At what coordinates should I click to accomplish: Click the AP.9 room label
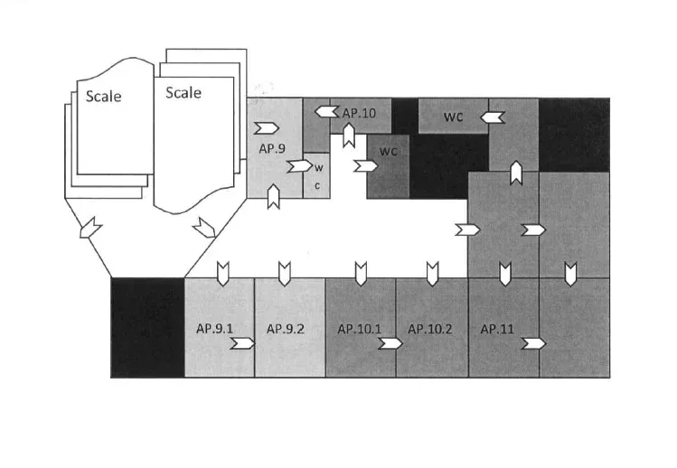pos(272,148)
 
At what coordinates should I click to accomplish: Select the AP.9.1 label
pos(215,329)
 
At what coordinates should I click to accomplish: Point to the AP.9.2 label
pos(285,329)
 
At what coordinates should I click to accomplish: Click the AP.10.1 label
pos(360,329)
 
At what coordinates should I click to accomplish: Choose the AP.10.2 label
pos(429,329)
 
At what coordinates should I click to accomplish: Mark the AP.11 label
pos(497,329)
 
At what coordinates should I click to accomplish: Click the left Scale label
pos(104,97)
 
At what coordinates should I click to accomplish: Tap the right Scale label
pos(183,92)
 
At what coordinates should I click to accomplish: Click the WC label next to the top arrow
pos(453,117)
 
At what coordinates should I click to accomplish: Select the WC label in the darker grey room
pos(389,150)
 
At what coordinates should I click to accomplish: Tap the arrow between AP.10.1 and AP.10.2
pos(391,343)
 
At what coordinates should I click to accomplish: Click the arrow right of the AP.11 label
pos(533,343)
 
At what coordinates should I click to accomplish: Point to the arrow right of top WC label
pos(492,117)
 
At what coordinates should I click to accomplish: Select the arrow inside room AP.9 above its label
pos(267,126)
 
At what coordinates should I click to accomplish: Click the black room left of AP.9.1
pos(147,327)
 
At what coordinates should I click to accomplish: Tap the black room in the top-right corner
pos(573,134)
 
